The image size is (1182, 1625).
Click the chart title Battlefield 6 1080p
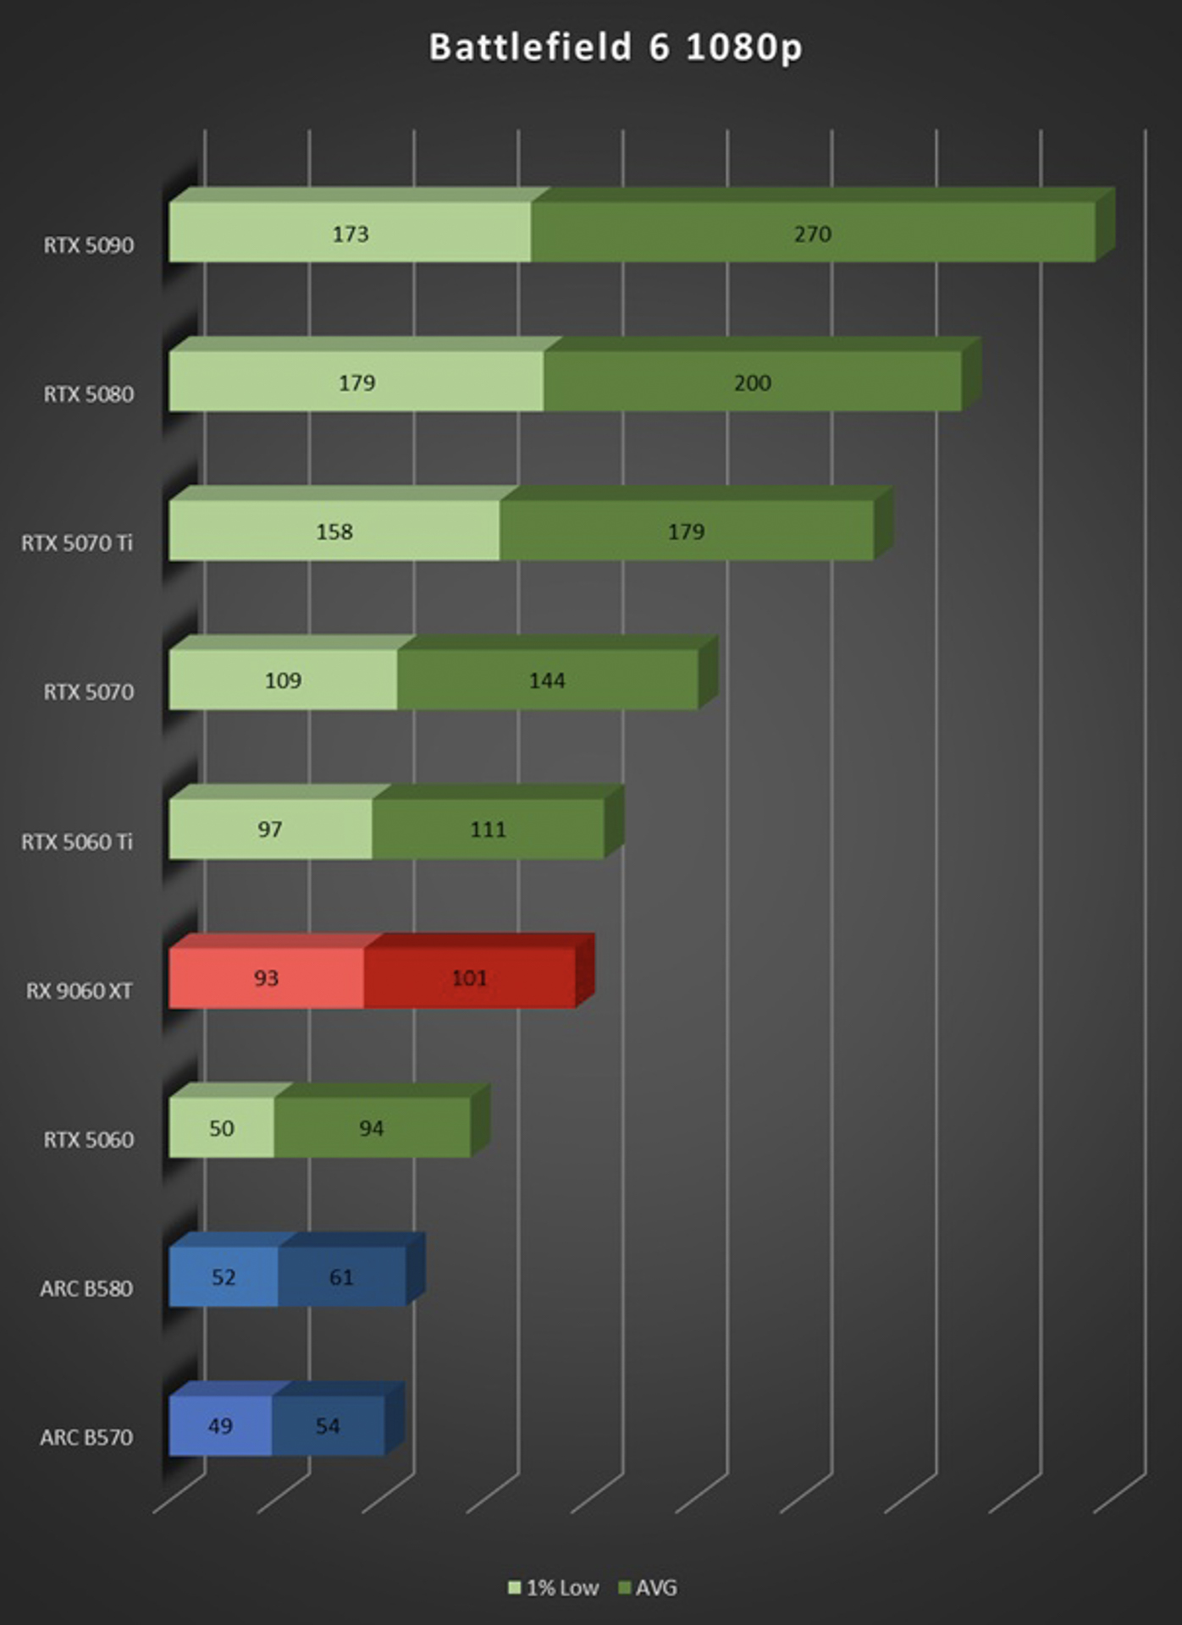pos(616,47)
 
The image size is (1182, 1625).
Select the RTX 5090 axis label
pos(89,245)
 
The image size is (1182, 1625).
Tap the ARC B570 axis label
pos(86,1437)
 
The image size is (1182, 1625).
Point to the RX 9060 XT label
pos(80,990)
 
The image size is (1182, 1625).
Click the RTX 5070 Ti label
pos(77,543)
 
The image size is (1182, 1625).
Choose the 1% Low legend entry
pos(554,1588)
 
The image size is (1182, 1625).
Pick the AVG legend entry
pos(649,1588)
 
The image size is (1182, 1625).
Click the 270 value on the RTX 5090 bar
pos(813,234)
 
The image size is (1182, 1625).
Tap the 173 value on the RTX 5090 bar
pos(351,234)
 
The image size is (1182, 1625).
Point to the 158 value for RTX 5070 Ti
pos(334,532)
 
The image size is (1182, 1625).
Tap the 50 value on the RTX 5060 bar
pos(222,1128)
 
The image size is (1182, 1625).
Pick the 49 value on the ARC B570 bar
pos(220,1426)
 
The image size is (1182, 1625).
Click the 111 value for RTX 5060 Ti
pos(489,829)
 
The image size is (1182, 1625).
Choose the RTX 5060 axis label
pos(89,1139)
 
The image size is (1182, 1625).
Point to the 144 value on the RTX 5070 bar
pos(547,680)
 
